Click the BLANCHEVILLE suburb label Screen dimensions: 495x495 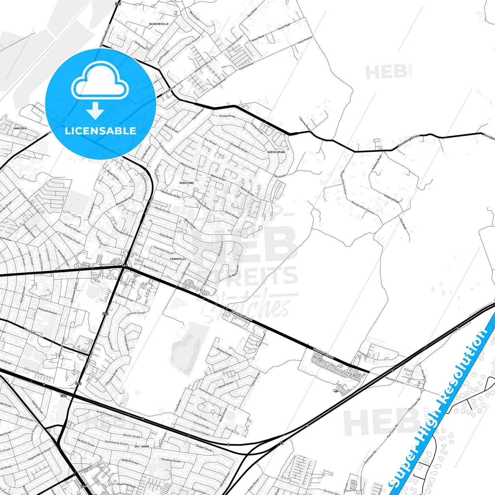tap(159, 24)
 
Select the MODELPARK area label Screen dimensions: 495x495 tap(187, 183)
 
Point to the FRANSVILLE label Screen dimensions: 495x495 tap(178, 259)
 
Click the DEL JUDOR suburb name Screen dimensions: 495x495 tap(142, 447)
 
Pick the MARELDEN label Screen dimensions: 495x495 tap(20, 128)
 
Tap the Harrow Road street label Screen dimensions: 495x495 tap(305, 124)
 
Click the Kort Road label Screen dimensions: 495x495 tap(403, 224)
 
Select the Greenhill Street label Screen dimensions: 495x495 tap(239, 147)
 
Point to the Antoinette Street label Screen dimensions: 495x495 tap(171, 194)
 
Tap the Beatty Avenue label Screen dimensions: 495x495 tap(34, 333)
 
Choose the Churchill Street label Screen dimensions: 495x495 tap(34, 371)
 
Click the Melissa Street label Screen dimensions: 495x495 tap(224, 352)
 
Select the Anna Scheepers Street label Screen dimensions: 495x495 tap(109, 415)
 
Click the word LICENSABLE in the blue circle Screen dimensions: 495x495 tap(100, 131)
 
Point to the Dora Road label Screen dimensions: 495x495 tap(252, 13)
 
